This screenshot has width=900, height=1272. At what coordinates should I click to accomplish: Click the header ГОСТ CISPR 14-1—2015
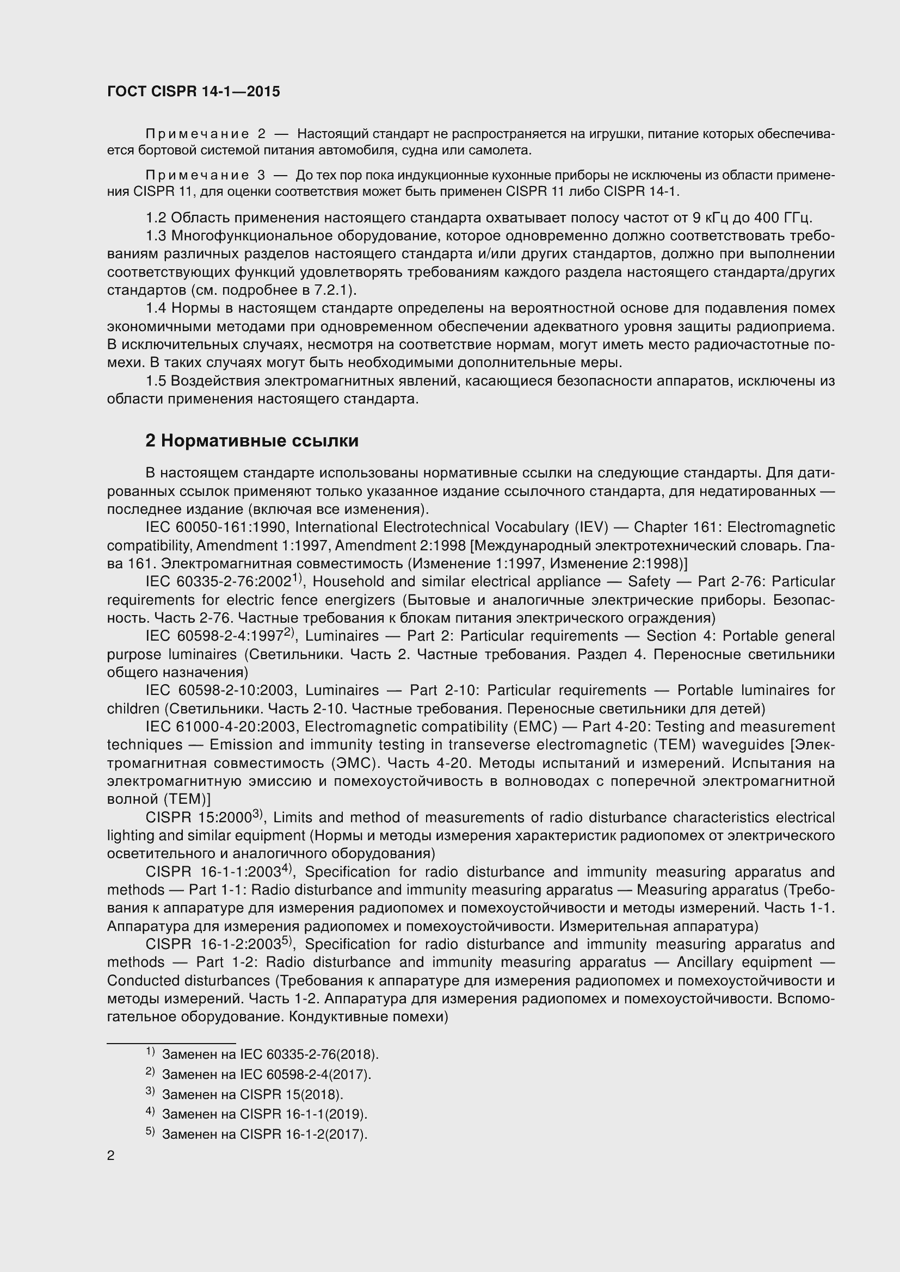click(193, 91)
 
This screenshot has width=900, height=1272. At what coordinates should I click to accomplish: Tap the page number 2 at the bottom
click(111, 1156)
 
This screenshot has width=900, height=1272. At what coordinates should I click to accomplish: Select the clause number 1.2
click(156, 218)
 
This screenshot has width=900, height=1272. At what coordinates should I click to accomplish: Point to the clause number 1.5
click(156, 381)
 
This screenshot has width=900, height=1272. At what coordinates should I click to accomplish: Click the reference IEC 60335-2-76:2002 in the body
click(218, 582)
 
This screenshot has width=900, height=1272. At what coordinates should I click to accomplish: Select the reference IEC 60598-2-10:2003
click(221, 690)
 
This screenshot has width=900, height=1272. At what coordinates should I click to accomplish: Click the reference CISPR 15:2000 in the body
click(200, 818)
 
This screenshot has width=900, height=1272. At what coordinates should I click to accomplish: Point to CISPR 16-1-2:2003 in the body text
click(213, 945)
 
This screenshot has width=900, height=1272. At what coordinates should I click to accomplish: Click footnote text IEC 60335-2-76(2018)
click(309, 1054)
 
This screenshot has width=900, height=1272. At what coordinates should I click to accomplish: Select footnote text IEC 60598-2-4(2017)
click(305, 1074)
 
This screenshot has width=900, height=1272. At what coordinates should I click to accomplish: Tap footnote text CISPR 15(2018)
click(291, 1095)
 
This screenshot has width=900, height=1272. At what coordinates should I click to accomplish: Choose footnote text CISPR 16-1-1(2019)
click(303, 1114)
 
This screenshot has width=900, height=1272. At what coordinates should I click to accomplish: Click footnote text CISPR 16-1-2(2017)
click(303, 1134)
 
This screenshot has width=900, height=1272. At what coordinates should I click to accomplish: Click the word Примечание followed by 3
click(198, 176)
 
